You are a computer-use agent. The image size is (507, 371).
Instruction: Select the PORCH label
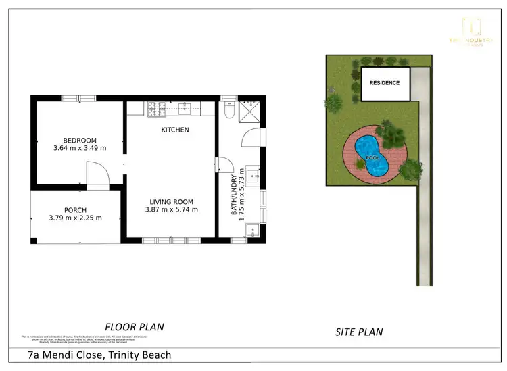point(75,209)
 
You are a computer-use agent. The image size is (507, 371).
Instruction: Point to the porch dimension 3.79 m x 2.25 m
point(75,218)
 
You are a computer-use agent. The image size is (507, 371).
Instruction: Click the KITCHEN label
point(174,130)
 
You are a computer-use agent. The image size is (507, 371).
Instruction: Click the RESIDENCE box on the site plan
point(385,83)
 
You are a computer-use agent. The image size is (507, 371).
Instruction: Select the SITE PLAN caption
point(359,332)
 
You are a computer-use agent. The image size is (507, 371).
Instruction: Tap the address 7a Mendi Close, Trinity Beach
point(99,355)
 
